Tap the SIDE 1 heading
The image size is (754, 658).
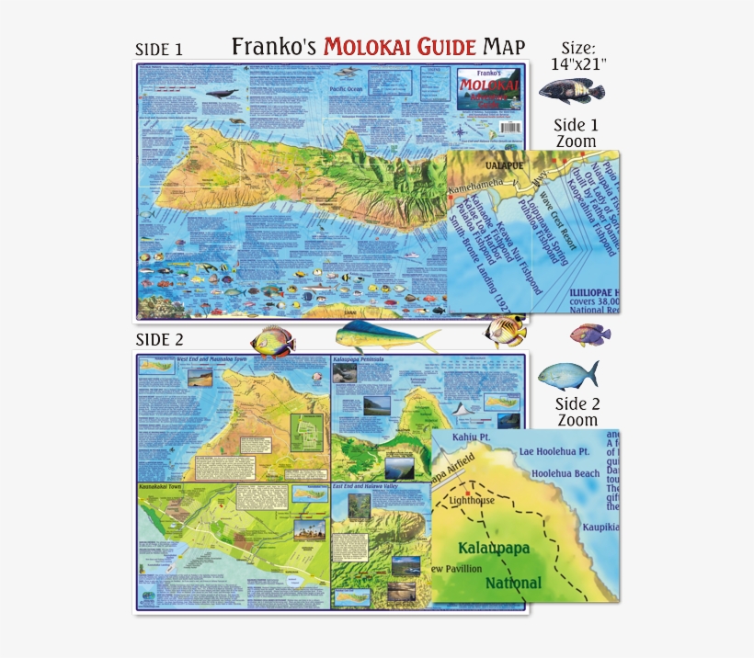[x=159, y=50]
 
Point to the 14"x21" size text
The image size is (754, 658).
[x=579, y=65]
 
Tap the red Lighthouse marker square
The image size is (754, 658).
[x=467, y=493]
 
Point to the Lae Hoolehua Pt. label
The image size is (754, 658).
[x=554, y=451]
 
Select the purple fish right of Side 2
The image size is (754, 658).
[x=589, y=335]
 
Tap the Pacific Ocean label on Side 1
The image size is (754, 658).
[x=351, y=89]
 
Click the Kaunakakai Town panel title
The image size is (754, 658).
[x=164, y=482]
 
